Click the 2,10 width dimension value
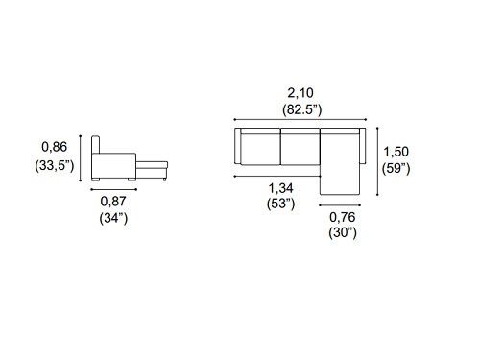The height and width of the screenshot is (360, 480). (300, 93)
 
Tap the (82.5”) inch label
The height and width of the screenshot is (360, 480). (301, 109)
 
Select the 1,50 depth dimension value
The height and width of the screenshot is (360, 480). (396, 152)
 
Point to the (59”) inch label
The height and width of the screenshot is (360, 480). (396, 168)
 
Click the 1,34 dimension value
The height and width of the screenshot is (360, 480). (280, 188)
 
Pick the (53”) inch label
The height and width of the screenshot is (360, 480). (280, 204)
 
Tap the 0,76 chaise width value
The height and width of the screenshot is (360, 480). (343, 217)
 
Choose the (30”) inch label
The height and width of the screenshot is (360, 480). (343, 232)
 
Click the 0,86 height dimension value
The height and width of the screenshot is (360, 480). (55, 147)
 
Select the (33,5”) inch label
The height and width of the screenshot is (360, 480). (55, 165)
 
